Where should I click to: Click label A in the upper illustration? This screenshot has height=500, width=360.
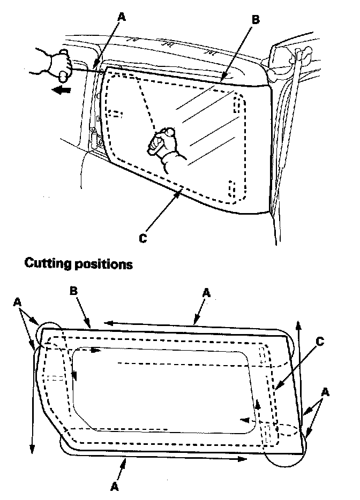point(121,17)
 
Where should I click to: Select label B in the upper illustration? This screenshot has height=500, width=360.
point(256,19)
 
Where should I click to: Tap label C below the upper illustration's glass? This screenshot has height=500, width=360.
point(143,238)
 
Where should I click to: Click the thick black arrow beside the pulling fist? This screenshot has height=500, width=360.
point(61,90)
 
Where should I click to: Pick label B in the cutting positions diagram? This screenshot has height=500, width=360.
point(74,291)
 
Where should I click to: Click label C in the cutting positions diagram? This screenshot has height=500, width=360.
point(320,342)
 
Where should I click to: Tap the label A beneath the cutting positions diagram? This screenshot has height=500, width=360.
point(115,487)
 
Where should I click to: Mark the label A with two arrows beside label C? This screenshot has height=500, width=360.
point(325,392)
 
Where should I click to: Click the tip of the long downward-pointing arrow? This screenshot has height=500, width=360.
point(32,453)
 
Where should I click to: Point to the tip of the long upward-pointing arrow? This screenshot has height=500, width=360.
point(298,321)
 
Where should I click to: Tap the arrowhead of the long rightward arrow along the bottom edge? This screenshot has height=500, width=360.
point(246,459)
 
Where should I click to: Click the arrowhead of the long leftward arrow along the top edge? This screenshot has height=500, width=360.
point(104,323)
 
